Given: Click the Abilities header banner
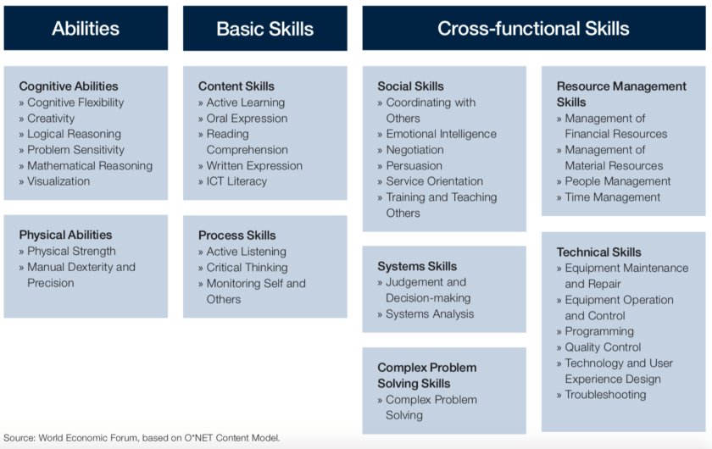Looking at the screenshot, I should pyautogui.click(x=86, y=28).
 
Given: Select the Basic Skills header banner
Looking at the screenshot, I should pyautogui.click(x=264, y=28).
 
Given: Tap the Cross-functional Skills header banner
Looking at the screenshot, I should pyautogui.click(x=533, y=28).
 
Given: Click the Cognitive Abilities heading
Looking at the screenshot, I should pyautogui.click(x=69, y=86).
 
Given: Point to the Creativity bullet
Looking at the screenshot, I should pyautogui.click(x=51, y=119).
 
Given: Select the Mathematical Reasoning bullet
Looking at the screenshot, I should pyautogui.click(x=89, y=166).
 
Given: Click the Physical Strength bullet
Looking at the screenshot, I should pyautogui.click(x=71, y=252).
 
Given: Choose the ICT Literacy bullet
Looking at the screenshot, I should pyautogui.click(x=236, y=181).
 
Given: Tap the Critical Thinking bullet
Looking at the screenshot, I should pyautogui.click(x=248, y=268).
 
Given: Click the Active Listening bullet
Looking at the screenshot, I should pyautogui.click(x=247, y=252).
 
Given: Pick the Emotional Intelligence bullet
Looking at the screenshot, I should pyautogui.click(x=441, y=134).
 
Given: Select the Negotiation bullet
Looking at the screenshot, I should pyautogui.click(x=414, y=150).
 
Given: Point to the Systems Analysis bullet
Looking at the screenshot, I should pyautogui.click(x=430, y=314).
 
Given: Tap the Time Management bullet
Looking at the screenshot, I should pyautogui.click(x=612, y=197).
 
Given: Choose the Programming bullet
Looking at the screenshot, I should pyautogui.click(x=599, y=331).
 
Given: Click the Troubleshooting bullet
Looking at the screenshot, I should pyautogui.click(x=605, y=395).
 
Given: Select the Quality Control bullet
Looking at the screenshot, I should pyautogui.click(x=603, y=347).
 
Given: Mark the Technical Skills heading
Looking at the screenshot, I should pyautogui.click(x=599, y=252).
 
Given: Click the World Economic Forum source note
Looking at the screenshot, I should pyautogui.click(x=142, y=438).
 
